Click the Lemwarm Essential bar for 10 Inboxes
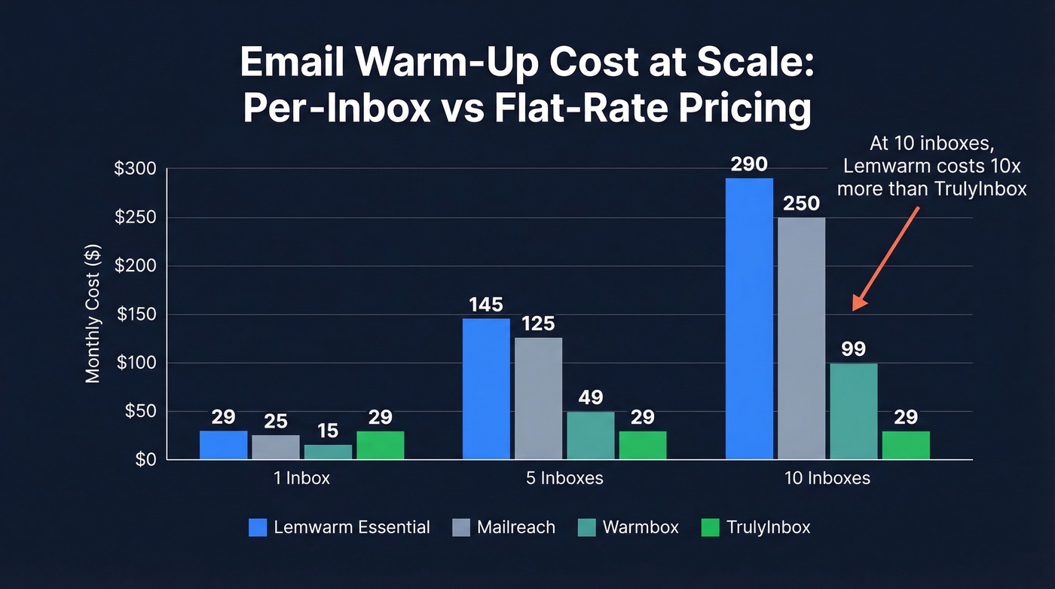(x=749, y=318)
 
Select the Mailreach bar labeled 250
(x=801, y=338)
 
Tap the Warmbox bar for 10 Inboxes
(x=854, y=411)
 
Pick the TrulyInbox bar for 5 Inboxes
(x=643, y=445)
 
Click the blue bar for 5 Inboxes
(x=486, y=388)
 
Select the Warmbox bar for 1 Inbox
(x=328, y=452)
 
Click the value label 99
(x=854, y=349)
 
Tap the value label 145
(x=486, y=305)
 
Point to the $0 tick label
(x=141, y=460)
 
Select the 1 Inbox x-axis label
(x=301, y=478)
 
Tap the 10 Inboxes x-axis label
(x=827, y=478)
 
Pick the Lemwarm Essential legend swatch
(x=258, y=527)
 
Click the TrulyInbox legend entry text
(x=768, y=527)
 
